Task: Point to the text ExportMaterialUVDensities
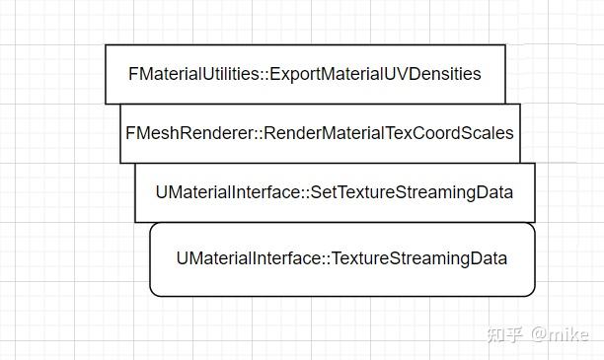tap(375, 74)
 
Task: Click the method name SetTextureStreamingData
tap(412, 192)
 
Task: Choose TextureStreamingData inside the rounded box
tap(419, 258)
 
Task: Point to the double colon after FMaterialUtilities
tap(264, 74)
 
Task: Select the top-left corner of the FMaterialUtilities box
tap(107, 45)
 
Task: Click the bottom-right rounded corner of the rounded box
tap(531, 292)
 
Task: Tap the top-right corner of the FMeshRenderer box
tap(519, 105)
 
